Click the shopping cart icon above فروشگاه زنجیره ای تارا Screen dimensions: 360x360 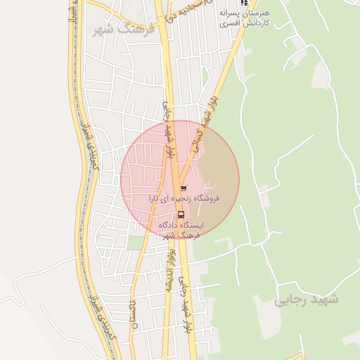coord(184,188)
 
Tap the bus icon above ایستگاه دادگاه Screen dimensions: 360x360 coord(181,214)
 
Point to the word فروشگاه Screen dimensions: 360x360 coord(204,200)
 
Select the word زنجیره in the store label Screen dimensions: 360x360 coord(177,200)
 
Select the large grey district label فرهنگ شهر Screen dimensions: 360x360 coord(118,30)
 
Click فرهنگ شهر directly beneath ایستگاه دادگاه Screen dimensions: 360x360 coord(180,236)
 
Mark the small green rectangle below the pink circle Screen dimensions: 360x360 coord(136,243)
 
